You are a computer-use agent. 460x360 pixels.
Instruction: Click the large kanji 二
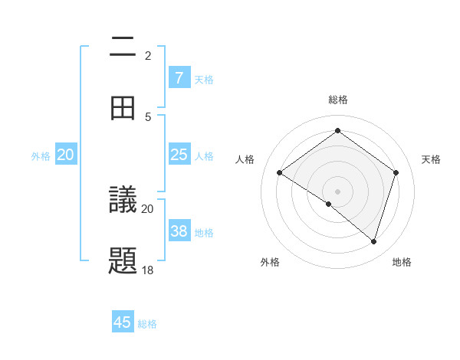click(x=123, y=48)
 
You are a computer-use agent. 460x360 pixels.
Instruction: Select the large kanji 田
click(x=123, y=108)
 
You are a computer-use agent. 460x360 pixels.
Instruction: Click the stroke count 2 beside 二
click(x=148, y=56)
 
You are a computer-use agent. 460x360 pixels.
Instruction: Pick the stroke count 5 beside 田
click(x=148, y=116)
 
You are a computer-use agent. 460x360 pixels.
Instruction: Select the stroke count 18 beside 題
click(x=148, y=270)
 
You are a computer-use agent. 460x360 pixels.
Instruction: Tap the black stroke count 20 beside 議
click(x=148, y=209)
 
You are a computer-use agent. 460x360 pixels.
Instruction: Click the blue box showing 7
click(x=179, y=78)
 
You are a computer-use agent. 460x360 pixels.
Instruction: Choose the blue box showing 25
click(x=179, y=155)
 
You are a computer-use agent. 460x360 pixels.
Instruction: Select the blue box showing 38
click(x=179, y=231)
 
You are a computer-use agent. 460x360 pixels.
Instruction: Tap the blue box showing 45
click(x=123, y=322)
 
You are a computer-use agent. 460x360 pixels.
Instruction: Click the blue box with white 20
click(x=66, y=155)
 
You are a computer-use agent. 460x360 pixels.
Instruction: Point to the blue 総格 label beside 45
click(x=147, y=324)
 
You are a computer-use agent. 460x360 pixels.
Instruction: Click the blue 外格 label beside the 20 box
click(x=41, y=156)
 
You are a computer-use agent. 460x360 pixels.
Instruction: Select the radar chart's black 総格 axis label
click(x=338, y=100)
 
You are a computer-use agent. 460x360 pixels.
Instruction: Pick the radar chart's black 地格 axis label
click(x=402, y=262)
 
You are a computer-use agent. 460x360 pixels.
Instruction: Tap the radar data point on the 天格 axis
click(x=396, y=172)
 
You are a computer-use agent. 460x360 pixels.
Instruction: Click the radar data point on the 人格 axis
click(x=280, y=173)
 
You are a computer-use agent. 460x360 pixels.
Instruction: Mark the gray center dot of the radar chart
click(x=338, y=191)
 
